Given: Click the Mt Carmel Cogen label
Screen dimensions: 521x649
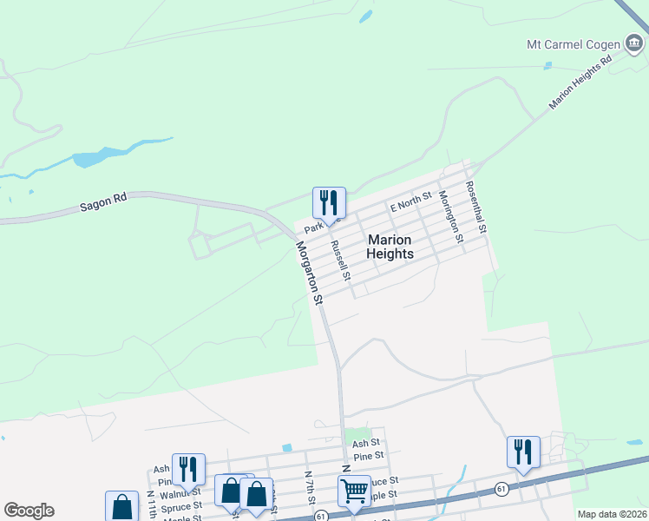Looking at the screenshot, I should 574,43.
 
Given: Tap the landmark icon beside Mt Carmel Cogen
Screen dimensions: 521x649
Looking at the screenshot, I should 634,43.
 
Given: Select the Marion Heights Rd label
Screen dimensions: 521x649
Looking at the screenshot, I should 581,83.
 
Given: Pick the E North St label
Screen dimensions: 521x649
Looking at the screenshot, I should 410,204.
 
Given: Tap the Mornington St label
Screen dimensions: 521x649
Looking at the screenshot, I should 449,213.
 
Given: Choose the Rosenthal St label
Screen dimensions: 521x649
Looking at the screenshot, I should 477,205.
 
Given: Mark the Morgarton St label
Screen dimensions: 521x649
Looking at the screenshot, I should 309,272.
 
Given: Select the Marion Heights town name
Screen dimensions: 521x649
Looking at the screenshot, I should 390,247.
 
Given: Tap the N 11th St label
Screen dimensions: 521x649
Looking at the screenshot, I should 151,503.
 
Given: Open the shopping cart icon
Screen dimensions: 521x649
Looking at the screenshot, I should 354,491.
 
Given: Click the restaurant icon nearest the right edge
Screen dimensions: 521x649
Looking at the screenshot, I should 523,452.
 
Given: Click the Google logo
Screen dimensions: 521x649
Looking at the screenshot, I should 29,511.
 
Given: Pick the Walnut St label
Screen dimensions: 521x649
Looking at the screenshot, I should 164,493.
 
